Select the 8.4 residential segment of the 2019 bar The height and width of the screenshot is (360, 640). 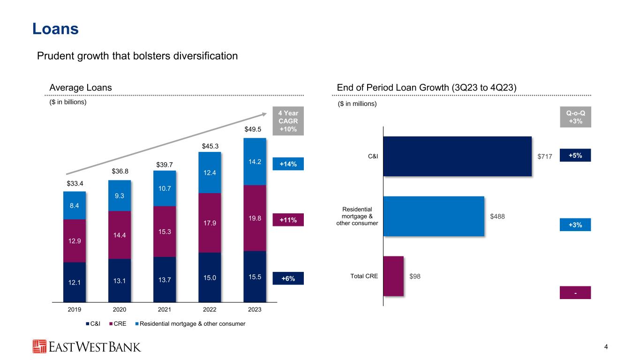coord(75,205)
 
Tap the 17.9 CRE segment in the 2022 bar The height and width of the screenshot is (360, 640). coord(210,223)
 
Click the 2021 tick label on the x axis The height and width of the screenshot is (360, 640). coord(164,310)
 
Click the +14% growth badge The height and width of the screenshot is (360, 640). coord(288,164)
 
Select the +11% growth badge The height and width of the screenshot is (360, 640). coord(288,219)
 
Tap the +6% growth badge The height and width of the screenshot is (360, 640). coord(288,278)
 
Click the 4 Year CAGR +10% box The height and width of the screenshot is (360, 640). coord(288,121)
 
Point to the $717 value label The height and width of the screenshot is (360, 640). coord(545,157)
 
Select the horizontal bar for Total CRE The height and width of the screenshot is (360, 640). coord(393,276)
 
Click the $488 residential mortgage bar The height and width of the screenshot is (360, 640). coord(434,216)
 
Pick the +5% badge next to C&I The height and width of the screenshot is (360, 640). coord(575,155)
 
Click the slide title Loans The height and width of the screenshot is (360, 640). coord(55,29)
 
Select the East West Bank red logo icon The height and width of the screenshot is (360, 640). coord(39,346)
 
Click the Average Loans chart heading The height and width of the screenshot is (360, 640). coord(81,87)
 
